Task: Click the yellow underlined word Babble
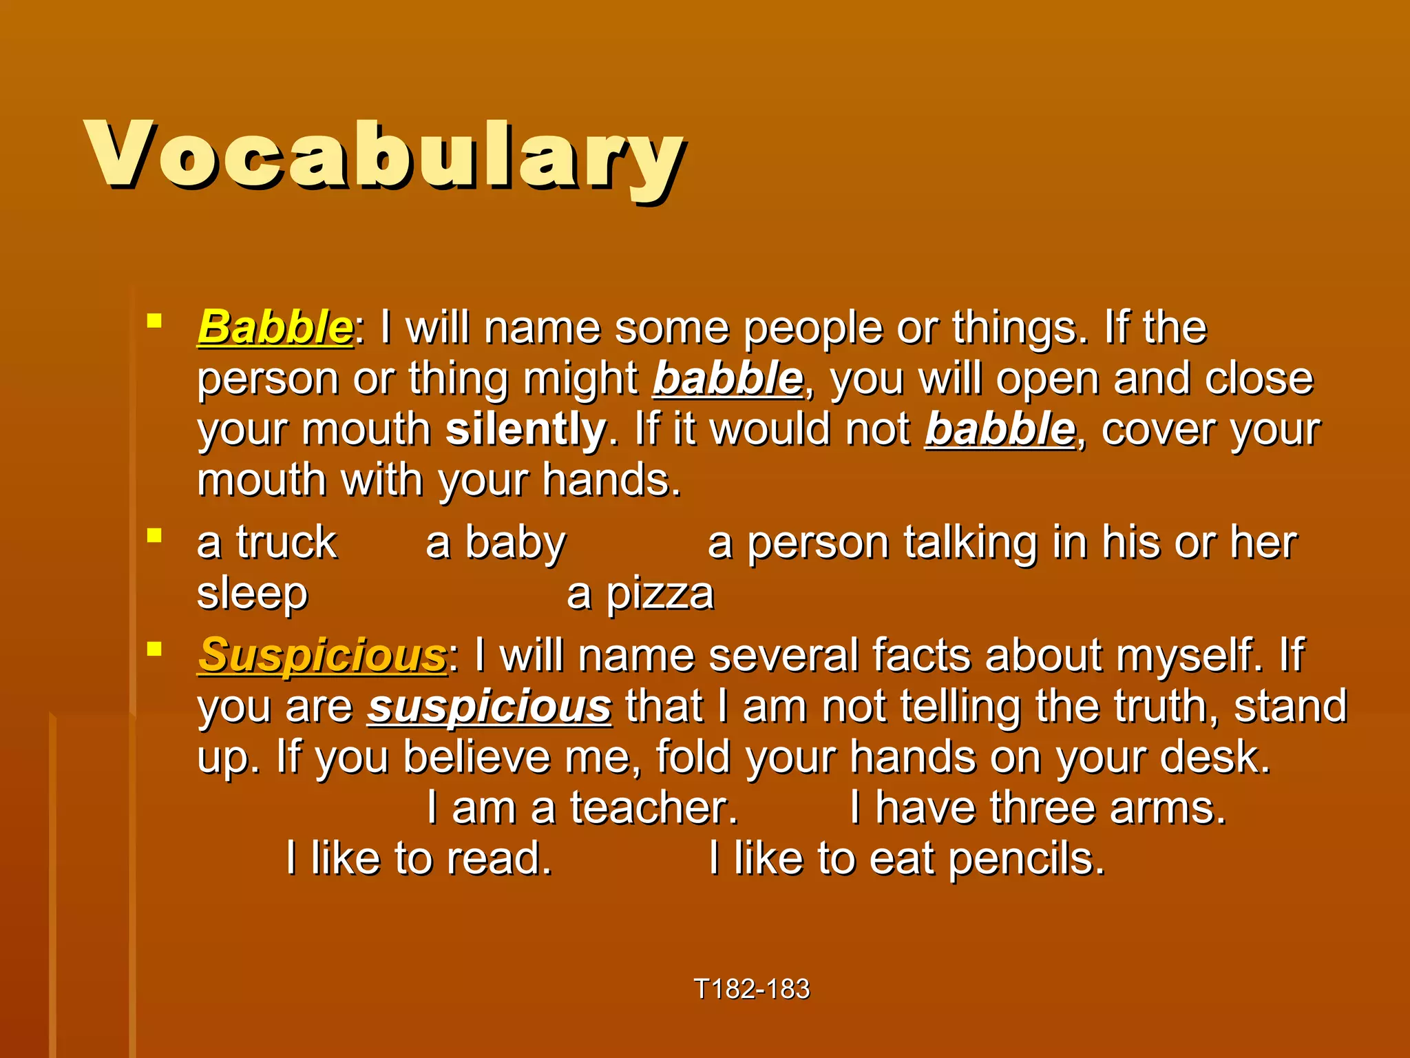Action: (275, 327)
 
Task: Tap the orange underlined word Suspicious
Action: (322, 655)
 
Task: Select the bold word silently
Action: (525, 429)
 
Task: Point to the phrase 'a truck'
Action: (267, 543)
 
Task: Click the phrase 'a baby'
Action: (496, 543)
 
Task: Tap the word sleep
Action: (252, 594)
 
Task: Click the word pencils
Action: (1026, 860)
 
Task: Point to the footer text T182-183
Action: (752, 989)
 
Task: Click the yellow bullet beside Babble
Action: (154, 320)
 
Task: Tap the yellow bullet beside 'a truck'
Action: (154, 535)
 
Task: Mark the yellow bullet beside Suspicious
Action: (154, 648)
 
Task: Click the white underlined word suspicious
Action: (489, 707)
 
